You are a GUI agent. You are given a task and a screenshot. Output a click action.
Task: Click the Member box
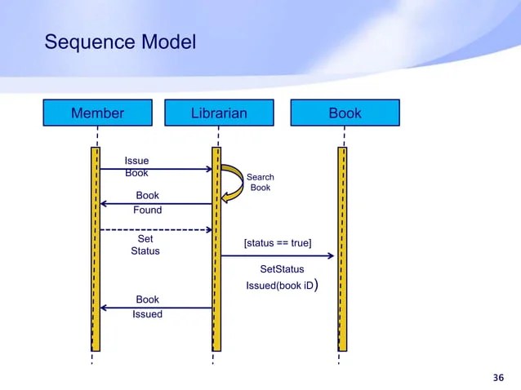coord(97,113)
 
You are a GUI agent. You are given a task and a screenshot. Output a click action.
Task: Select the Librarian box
coord(218,113)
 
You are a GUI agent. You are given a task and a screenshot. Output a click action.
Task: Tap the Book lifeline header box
coord(345,113)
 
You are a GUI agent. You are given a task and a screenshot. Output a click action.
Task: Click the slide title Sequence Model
coord(120,42)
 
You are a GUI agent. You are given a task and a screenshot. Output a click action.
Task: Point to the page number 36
coord(498,377)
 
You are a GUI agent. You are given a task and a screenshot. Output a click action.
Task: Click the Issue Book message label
coord(136,166)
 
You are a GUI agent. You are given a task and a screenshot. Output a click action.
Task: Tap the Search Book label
coord(260,183)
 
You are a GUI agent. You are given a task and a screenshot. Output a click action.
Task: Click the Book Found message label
coord(147,202)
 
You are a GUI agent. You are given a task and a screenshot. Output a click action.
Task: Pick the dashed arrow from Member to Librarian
coord(155,230)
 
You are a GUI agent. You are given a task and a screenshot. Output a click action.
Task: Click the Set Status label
coord(145,246)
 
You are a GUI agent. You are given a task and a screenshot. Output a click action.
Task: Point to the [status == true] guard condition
coord(277,243)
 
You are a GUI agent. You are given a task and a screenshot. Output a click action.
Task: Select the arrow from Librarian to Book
coord(278,256)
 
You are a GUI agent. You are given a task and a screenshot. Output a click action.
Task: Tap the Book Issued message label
coord(147,307)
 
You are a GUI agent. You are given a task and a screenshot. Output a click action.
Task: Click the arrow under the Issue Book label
coord(155,170)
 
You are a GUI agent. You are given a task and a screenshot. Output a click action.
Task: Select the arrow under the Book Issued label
coord(155,308)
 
